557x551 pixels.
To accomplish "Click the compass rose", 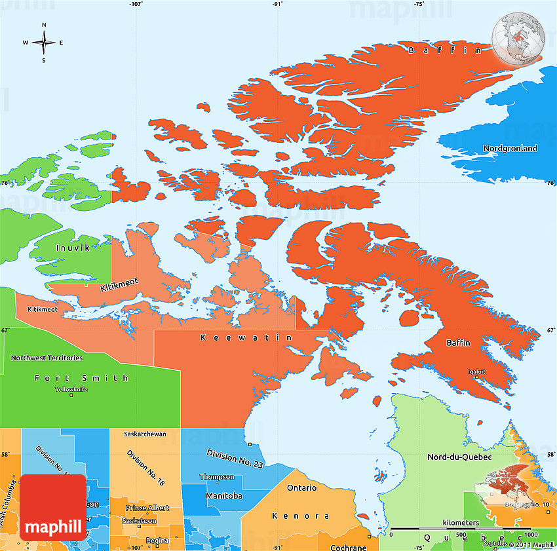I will click(44, 43).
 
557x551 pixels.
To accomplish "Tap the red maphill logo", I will click(53, 507).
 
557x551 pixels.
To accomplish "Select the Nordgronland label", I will click(510, 149).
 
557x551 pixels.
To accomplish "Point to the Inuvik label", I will click(73, 248).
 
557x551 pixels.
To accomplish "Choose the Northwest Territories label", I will click(47, 358).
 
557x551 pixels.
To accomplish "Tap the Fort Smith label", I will click(81, 378).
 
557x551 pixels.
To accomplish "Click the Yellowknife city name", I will click(73, 390).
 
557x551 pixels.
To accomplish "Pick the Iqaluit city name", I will click(477, 371).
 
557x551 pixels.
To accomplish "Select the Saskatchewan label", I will click(145, 434).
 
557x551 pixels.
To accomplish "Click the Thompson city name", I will click(217, 477).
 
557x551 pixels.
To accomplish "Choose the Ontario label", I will click(301, 487).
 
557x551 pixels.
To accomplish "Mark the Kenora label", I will click(301, 516).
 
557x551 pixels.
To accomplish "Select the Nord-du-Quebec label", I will click(459, 457).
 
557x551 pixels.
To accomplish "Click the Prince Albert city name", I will click(147, 508).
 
